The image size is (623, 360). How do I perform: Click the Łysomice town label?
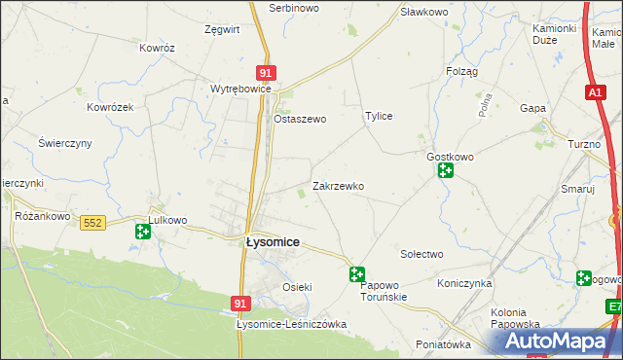272,242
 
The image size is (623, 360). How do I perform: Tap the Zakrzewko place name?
338,185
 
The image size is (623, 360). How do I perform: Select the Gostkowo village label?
450,156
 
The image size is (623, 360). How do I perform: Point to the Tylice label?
379,116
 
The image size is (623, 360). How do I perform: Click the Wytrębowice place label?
239,88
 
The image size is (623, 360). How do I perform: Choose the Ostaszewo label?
299,119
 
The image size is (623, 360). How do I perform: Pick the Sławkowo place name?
423,12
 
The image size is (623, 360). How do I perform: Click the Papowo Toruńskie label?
389,292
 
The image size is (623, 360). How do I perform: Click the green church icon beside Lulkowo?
143,231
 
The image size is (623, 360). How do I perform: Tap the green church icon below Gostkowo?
446,172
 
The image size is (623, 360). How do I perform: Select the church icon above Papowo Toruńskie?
357,275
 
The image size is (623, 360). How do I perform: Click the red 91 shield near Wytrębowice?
267,72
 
